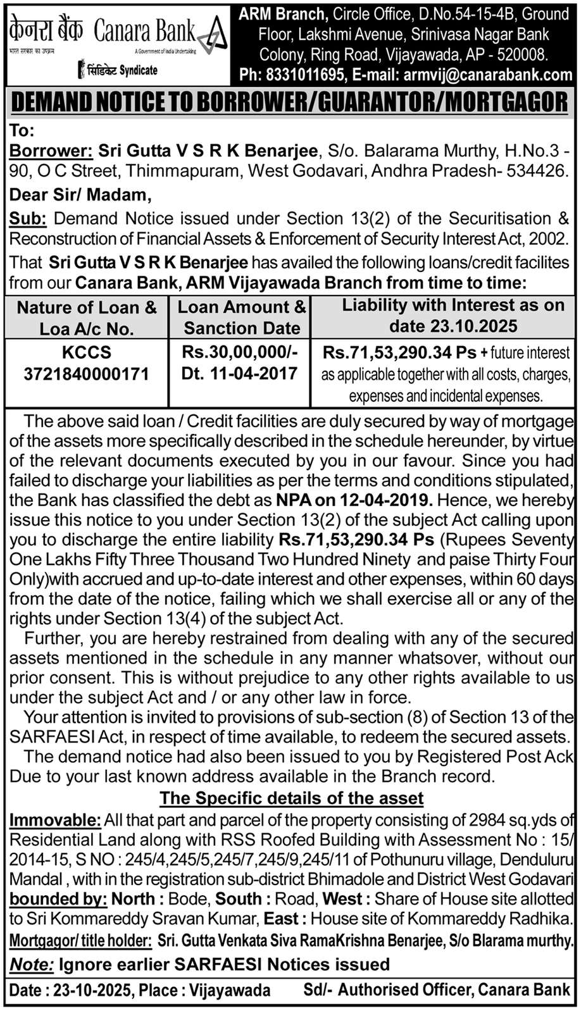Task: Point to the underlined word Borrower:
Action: [x=51, y=151]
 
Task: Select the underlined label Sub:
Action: [x=27, y=219]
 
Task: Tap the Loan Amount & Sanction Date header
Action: [x=241, y=318]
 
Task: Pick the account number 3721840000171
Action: [x=87, y=374]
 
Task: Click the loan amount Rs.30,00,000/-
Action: [x=240, y=352]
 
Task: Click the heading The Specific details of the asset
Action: [x=291, y=798]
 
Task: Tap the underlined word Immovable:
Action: [x=55, y=821]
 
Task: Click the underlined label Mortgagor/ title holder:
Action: [x=80, y=941]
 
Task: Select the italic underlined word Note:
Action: [x=31, y=965]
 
